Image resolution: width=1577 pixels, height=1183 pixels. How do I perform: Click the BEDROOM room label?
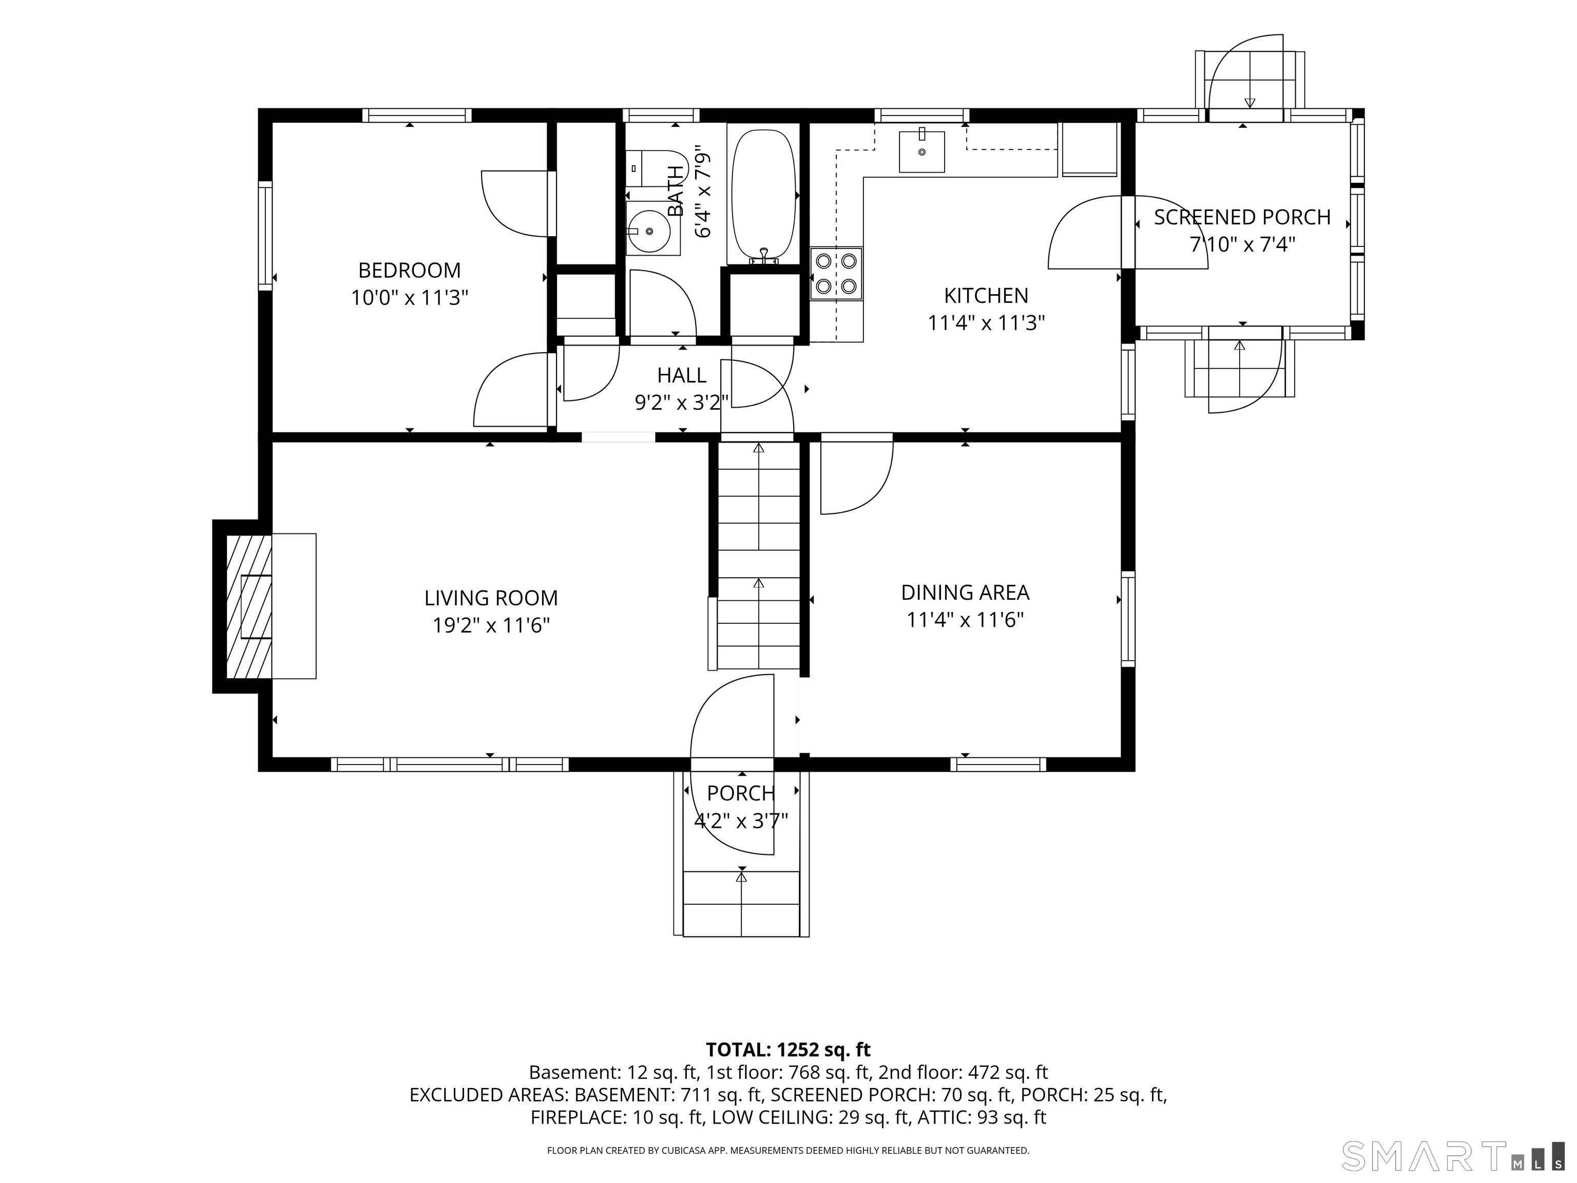coord(409,270)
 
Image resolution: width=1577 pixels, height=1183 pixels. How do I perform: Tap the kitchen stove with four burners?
coord(836,274)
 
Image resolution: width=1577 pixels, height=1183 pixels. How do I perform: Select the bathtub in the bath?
coord(763,196)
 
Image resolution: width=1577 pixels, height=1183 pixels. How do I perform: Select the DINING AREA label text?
coord(965,593)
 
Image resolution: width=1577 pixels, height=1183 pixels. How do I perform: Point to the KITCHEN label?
coord(986,295)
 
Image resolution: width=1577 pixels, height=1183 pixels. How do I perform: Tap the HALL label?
coord(682,375)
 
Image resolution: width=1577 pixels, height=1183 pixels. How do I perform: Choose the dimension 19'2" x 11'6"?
coord(491,625)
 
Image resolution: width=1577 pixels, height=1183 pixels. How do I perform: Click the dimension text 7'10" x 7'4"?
coord(1243,244)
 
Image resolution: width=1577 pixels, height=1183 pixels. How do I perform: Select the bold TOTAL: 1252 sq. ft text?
coord(788,1050)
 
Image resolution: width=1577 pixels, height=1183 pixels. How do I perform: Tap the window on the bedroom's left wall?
coord(265,235)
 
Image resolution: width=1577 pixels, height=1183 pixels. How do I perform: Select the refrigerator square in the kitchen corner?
coord(1089,149)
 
